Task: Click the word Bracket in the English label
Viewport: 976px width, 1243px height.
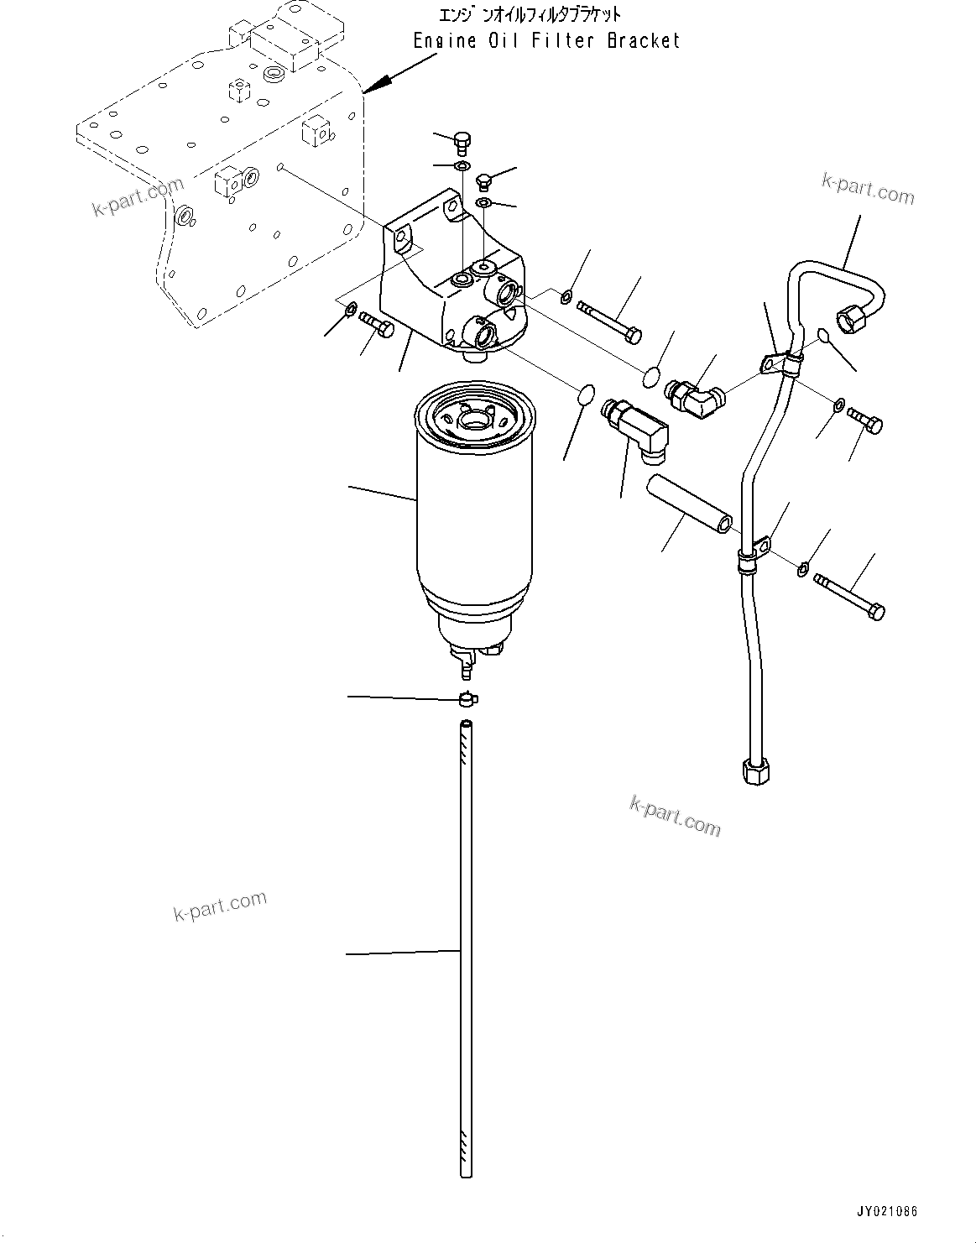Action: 643,40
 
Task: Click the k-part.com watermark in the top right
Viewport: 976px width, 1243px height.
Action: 867,189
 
